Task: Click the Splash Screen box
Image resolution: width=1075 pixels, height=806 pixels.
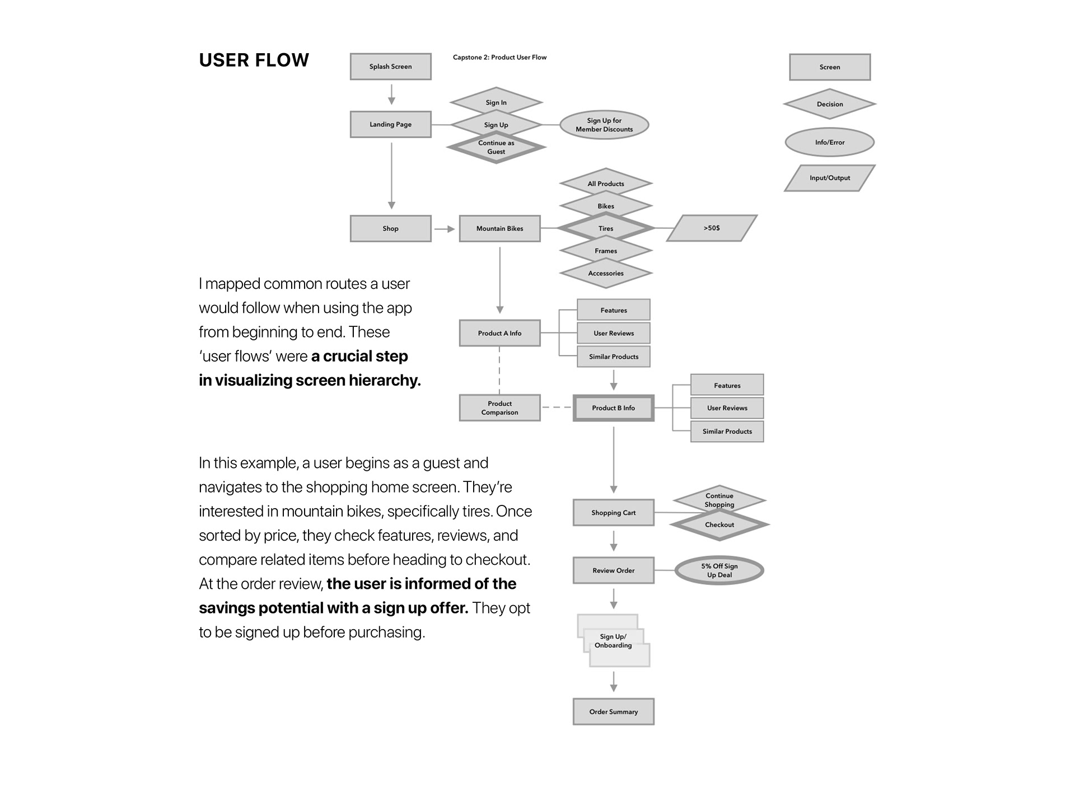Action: click(390, 67)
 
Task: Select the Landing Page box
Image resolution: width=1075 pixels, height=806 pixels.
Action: click(390, 124)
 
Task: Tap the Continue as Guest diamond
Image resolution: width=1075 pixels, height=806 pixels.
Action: click(496, 148)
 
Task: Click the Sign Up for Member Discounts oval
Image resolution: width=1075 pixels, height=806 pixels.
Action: click(604, 125)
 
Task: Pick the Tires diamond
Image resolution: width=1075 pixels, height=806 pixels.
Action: click(606, 228)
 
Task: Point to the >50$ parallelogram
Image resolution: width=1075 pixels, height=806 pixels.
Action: click(712, 228)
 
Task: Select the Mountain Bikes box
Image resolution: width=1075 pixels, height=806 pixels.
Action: click(499, 228)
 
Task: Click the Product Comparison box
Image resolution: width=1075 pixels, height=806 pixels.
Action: click(499, 408)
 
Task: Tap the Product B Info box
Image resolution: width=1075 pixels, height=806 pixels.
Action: click(613, 408)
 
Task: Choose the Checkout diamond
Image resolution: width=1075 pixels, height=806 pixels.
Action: click(719, 525)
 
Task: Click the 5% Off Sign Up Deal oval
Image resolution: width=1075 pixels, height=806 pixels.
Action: click(719, 570)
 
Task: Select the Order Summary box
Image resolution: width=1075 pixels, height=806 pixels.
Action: click(613, 712)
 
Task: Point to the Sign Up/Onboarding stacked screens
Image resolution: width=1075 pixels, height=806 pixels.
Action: click(613, 641)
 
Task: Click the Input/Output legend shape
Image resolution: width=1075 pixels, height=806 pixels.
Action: click(829, 178)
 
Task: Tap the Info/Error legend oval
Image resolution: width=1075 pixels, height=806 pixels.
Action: click(829, 142)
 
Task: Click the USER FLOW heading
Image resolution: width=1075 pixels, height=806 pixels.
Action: click(254, 60)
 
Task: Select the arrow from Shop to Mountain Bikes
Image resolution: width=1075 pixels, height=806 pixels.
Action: click(445, 229)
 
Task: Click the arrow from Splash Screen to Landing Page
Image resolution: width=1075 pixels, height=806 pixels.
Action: click(391, 94)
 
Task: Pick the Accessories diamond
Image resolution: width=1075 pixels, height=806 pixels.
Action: click(606, 274)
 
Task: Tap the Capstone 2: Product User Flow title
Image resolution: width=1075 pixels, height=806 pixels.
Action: click(499, 57)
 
